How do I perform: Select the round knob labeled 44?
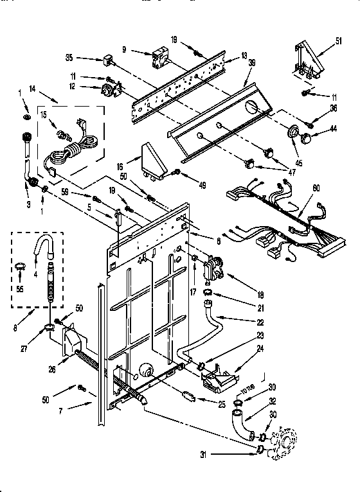click(x=307, y=137)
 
